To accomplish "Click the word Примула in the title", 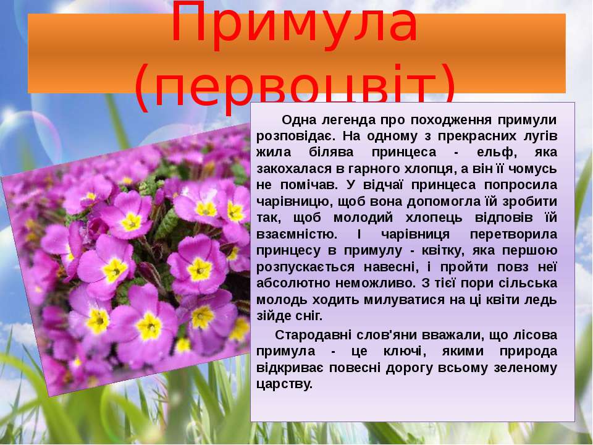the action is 294,23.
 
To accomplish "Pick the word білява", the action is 330,153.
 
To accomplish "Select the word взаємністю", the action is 296,234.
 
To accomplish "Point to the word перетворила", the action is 513,234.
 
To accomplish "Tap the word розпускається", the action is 305,267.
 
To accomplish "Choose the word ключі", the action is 404,352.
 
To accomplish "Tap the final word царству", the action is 284,384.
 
